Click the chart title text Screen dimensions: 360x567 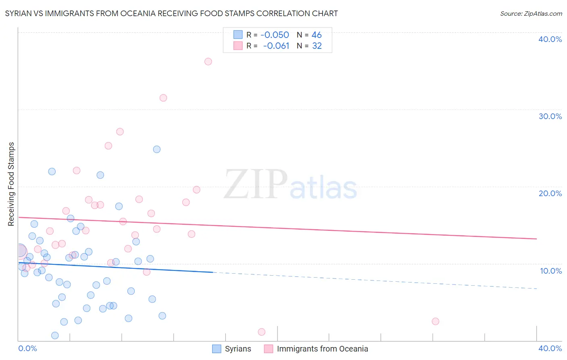tap(171, 13)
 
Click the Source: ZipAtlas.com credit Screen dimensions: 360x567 tap(531, 13)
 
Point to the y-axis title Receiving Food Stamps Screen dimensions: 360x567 tap(11, 184)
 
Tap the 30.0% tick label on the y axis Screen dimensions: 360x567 tap(550, 116)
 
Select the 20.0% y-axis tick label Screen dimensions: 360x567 tap(550, 193)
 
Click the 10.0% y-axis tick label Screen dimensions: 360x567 tap(550, 271)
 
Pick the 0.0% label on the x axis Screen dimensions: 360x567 tap(27, 348)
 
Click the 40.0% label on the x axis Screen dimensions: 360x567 tap(550, 348)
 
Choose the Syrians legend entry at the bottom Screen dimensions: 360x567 tap(232, 349)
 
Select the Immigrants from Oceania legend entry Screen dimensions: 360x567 tap(316, 349)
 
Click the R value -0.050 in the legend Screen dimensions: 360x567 tap(275, 35)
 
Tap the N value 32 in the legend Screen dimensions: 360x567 tap(317, 46)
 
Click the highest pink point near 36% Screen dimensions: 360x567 tap(208, 62)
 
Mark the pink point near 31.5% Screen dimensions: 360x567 tap(163, 98)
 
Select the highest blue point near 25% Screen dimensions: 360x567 tap(157, 149)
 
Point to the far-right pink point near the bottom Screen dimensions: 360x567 tap(436, 321)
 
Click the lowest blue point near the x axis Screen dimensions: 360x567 tap(55, 335)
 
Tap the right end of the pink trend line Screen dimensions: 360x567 tap(536, 239)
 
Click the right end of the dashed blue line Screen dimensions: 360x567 tap(536, 289)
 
